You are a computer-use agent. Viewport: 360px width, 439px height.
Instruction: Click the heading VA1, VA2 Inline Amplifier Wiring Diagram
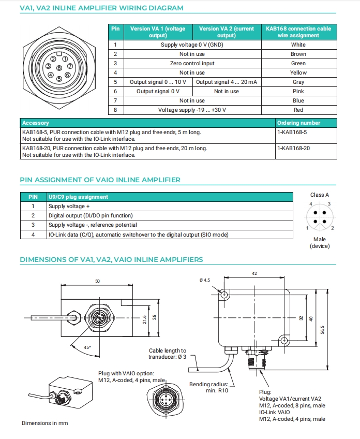click(101, 8)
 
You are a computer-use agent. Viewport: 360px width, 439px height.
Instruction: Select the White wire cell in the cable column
click(298, 45)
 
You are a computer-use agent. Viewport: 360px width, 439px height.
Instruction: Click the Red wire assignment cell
click(298, 110)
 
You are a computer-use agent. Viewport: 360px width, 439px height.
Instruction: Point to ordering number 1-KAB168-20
click(292, 148)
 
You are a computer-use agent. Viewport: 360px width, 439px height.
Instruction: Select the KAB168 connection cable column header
click(298, 32)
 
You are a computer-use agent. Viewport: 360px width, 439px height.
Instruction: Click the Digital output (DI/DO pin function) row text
click(91, 215)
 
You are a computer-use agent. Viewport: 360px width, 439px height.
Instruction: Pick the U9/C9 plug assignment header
click(78, 197)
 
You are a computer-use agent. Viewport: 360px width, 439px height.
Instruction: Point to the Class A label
click(320, 195)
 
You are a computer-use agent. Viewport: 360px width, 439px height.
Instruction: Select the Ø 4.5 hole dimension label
click(204, 280)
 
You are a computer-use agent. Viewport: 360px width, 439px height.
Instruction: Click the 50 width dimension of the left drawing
click(98, 281)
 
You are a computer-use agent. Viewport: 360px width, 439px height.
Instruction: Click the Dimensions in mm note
click(44, 423)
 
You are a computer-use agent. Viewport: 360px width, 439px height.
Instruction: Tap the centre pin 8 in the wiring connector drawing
click(59, 68)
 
